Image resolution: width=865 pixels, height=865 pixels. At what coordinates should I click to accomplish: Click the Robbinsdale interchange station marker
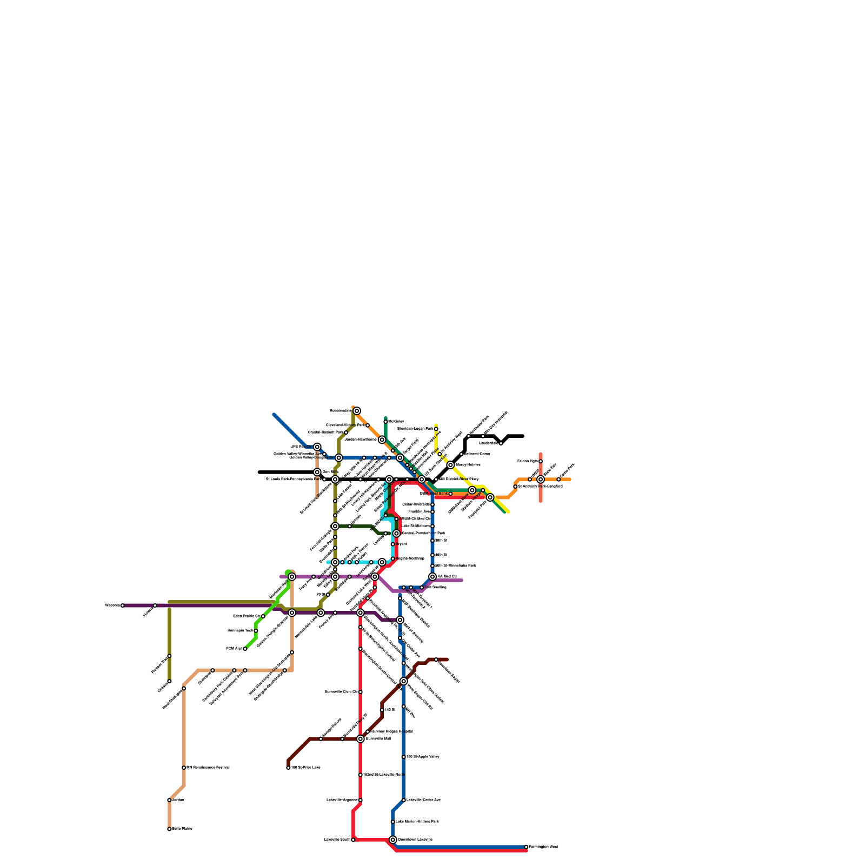357,411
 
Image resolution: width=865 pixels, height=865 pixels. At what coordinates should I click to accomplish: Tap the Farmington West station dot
526,847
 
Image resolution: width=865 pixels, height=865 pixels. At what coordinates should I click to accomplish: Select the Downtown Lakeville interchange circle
393,840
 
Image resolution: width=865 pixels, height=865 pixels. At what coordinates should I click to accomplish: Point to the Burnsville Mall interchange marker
361,739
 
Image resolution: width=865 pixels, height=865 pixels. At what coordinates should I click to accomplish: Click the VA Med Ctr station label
448,577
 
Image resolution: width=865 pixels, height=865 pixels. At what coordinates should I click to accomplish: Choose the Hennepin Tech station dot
256,631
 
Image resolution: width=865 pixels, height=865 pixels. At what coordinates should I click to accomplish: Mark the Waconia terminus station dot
123,605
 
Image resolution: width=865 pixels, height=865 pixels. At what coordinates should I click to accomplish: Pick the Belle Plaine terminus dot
169,829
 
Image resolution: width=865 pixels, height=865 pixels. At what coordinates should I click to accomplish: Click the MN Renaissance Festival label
208,768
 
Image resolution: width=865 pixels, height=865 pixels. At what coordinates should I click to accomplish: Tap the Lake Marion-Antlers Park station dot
393,822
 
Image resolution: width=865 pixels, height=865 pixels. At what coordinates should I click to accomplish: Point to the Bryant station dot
393,544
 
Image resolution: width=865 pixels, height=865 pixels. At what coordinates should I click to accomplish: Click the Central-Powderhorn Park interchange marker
396,534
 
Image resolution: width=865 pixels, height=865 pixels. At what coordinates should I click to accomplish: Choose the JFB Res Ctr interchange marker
317,447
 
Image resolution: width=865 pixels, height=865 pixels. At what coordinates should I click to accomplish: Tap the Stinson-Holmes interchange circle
450,465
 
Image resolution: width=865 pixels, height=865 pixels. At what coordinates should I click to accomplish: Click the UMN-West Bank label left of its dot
434,494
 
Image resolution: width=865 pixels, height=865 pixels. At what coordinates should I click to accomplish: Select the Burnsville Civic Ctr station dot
361,692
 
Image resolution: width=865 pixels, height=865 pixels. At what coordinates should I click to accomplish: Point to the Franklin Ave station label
419,511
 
